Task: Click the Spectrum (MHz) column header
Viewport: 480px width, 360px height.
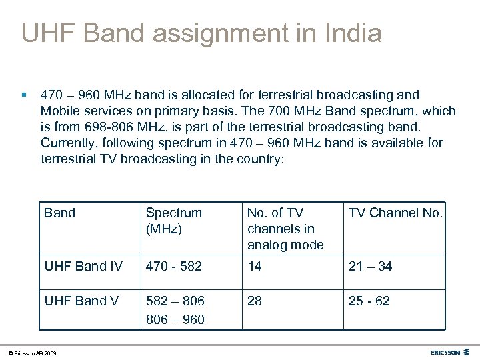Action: coord(173,221)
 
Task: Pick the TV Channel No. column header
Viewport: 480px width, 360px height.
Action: coord(395,213)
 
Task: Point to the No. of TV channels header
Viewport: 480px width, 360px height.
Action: coord(285,229)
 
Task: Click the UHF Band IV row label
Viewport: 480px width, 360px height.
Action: coord(83,267)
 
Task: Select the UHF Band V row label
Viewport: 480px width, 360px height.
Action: coord(81,301)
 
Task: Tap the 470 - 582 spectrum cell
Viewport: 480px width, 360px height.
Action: coord(173,267)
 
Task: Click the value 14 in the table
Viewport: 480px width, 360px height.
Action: coord(254,267)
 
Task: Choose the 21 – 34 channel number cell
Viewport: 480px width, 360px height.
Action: coord(369,267)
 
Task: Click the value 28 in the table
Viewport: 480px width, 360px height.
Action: coord(255,301)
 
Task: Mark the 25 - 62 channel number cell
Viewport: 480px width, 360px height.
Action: coord(369,301)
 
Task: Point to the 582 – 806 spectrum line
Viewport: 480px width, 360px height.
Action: coord(175,301)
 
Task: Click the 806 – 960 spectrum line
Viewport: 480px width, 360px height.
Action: coord(175,319)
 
